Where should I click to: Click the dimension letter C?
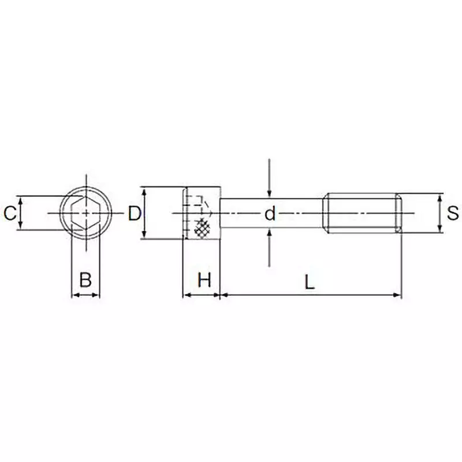coord(9,214)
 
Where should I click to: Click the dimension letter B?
coord(85,280)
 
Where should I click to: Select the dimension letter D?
coord(134,214)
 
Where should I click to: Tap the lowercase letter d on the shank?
coord(270,214)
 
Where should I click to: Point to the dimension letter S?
coord(453,214)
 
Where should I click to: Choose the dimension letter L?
coord(310,282)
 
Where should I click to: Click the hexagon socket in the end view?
coord(85,213)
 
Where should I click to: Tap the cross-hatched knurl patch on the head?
coord(202,229)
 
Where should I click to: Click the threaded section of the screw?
coord(361,214)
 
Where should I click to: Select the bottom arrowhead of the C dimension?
coord(21,226)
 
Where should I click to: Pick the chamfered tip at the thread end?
coord(398,214)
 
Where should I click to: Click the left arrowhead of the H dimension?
coord(186,295)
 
